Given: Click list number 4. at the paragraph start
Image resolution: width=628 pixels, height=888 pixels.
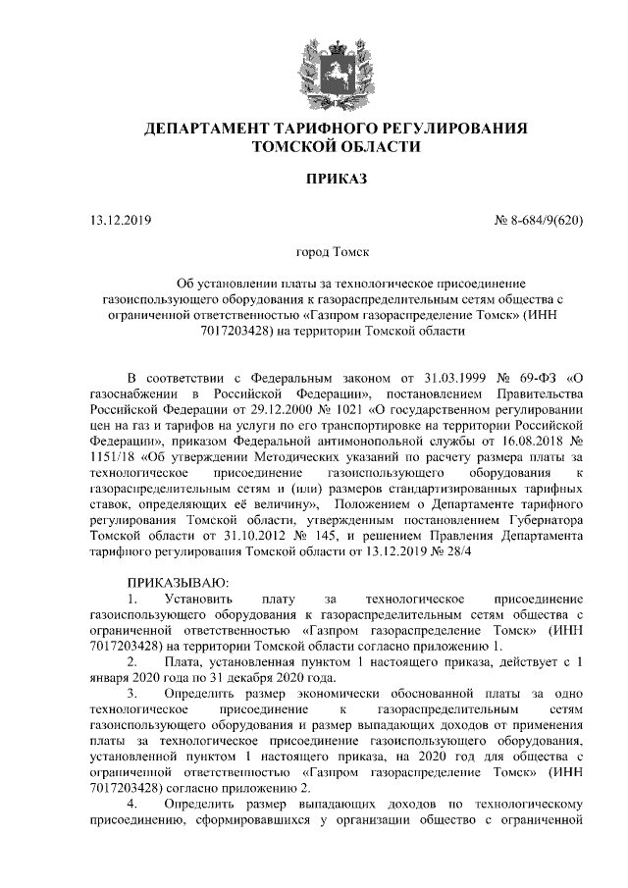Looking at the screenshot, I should [134, 805].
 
